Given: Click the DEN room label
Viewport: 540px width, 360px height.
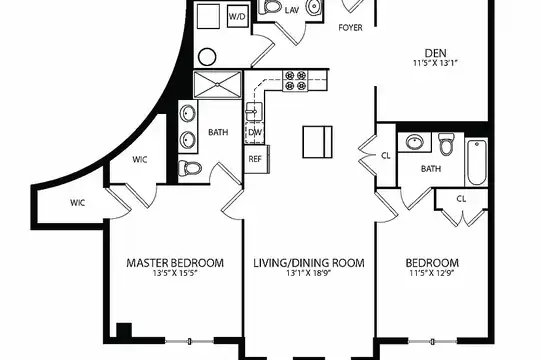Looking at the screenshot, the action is (436, 53).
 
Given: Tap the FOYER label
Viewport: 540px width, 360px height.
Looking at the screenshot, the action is (350, 28).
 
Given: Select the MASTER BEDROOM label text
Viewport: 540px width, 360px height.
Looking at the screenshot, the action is (175, 263).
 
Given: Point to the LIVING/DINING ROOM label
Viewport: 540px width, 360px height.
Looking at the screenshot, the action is (309, 263).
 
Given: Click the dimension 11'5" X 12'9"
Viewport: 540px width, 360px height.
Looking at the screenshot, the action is (432, 274).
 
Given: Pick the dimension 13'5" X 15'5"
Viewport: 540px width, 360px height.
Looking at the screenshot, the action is (176, 274).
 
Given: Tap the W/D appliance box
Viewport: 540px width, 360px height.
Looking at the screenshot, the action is (238, 17).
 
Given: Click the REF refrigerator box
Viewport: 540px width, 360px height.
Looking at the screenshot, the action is (255, 159).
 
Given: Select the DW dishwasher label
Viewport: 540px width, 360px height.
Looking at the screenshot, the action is (255, 132).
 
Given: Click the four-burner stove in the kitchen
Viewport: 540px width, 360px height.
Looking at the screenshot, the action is (295, 81).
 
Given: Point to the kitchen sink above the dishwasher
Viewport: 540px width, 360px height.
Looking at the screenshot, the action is (254, 112).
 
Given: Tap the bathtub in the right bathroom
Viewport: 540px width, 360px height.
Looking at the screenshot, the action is (477, 163).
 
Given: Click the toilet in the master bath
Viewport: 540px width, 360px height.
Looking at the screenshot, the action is (190, 168).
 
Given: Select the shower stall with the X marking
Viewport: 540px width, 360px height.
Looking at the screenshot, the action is (217, 85).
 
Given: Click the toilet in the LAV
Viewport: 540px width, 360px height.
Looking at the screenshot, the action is (270, 7).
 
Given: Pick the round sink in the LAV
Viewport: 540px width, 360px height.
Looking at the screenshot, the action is (314, 8).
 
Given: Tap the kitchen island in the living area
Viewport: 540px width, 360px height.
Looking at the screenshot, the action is (318, 142).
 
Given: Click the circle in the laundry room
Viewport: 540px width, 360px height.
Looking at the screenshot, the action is (207, 57).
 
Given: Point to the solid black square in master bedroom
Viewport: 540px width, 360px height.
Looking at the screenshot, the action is (124, 330).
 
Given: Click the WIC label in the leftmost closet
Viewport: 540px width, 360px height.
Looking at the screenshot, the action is (77, 203).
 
